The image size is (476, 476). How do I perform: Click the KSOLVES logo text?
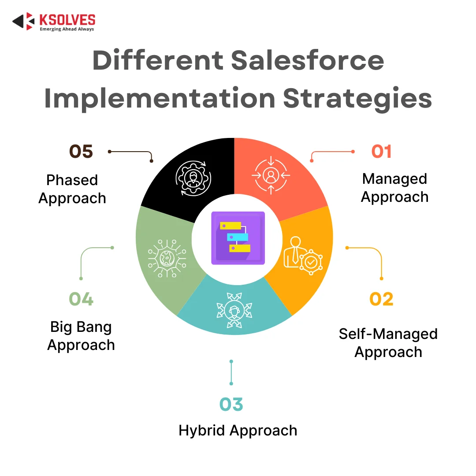pyautogui.click(x=67, y=20)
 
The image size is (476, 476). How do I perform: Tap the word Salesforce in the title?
pyautogui.click(x=308, y=60)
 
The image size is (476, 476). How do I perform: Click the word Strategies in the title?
pyautogui.click(x=357, y=98)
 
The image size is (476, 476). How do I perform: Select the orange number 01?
pyautogui.click(x=382, y=152)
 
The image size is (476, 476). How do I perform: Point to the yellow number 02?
pyautogui.click(x=381, y=299)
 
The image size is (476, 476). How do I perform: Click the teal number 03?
pyautogui.click(x=231, y=404)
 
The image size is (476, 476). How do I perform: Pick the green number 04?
pyautogui.click(x=81, y=299)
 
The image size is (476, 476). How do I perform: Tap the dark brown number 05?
pyautogui.click(x=81, y=152)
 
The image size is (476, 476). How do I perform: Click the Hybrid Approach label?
pyautogui.click(x=238, y=431)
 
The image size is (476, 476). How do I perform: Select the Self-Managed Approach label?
pyautogui.click(x=388, y=343)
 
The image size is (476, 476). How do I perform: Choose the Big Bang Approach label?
pyautogui.click(x=81, y=336)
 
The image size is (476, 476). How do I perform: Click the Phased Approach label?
pyautogui.click(x=72, y=189)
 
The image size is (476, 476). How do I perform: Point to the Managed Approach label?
pyautogui.click(x=394, y=188)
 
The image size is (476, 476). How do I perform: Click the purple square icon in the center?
pyautogui.click(x=238, y=238)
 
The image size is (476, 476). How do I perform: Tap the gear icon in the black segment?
pyautogui.click(x=193, y=178)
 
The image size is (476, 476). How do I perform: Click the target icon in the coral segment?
pyautogui.click(x=271, y=175)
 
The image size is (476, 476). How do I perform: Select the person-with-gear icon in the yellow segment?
pyautogui.click(x=303, y=256)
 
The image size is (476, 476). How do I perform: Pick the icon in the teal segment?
pyautogui.click(x=234, y=310)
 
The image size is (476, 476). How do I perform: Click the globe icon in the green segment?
pyautogui.click(x=167, y=258)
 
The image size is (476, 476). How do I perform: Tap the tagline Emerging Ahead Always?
pyautogui.click(x=67, y=29)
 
